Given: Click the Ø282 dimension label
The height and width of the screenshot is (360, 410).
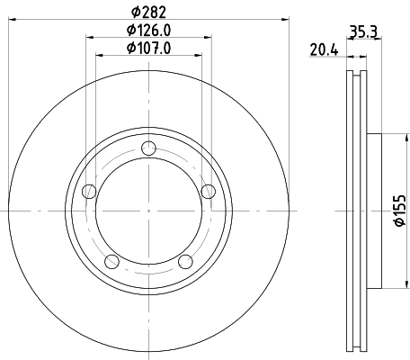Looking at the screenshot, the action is coord(148,12).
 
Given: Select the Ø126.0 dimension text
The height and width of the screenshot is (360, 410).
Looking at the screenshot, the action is coord(148,30).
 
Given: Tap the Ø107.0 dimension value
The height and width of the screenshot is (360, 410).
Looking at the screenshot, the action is coord(148,48).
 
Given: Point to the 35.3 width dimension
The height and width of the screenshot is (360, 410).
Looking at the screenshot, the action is coord(363,31).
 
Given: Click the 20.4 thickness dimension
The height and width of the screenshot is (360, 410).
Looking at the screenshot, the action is coord(324,49).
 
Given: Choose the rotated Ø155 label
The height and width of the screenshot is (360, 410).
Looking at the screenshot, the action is coord(400,211).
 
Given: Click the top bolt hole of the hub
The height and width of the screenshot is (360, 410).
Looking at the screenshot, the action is coord(148,148).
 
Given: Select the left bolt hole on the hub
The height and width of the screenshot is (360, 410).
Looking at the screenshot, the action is coord(89,192).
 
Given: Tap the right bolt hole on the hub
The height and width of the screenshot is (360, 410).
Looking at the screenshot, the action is coord(209,192).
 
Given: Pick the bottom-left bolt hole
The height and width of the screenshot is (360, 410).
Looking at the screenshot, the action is coord(111,261).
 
